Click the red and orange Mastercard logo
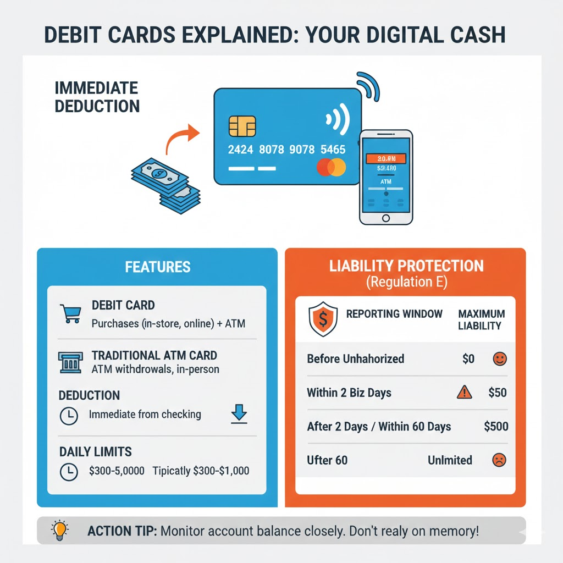click(x=331, y=168)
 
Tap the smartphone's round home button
click(x=385, y=219)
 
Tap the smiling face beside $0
click(x=500, y=360)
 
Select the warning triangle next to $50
click(x=465, y=393)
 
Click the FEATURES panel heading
click(x=157, y=267)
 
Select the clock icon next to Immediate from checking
click(x=69, y=416)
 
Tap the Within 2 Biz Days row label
click(x=349, y=393)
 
